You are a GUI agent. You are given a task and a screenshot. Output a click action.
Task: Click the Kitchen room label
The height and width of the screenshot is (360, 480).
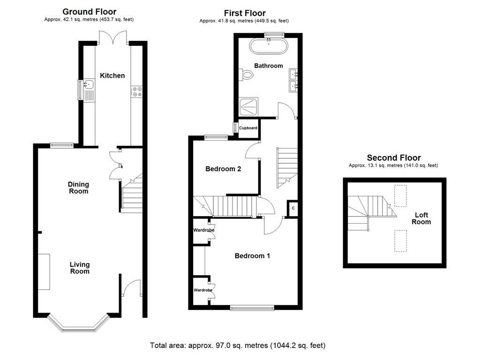[x=112, y=75]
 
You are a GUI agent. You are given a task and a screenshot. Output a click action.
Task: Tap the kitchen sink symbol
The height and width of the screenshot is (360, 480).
[x=88, y=85]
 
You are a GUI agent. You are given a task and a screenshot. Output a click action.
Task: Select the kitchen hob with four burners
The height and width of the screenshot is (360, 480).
[x=137, y=91]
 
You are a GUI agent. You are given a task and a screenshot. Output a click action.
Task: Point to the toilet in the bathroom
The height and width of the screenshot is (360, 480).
[x=246, y=75]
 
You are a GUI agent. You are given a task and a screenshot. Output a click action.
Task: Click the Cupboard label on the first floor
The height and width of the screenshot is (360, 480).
[x=248, y=128]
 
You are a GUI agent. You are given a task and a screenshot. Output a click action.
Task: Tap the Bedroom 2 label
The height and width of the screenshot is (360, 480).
[x=223, y=169]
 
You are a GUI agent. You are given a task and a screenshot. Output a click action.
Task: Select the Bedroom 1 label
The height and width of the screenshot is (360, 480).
[x=252, y=256]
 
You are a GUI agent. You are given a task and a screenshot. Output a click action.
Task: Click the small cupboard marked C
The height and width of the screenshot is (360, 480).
[x=293, y=208]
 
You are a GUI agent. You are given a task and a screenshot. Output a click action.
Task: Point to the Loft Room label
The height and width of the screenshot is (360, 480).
[x=421, y=218]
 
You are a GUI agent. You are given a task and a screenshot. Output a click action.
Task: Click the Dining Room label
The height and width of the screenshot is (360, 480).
[x=78, y=188]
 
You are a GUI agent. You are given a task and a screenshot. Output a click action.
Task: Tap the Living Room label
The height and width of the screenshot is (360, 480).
[x=80, y=268]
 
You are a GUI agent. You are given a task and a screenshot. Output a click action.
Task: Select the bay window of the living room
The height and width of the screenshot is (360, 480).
[x=78, y=324]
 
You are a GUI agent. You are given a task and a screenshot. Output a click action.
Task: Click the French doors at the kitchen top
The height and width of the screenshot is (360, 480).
[x=112, y=37]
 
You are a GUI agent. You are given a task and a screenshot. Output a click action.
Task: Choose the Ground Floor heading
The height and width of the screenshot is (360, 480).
[x=89, y=12]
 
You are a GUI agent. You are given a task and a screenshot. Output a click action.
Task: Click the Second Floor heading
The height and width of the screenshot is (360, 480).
[x=394, y=158]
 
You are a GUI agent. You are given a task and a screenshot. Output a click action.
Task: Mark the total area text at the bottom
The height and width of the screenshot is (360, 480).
[x=237, y=345]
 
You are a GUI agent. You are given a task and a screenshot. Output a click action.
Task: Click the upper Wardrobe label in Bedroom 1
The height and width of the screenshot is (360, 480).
[x=204, y=230]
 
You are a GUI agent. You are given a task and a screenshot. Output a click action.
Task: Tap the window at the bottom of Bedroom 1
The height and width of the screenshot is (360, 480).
[x=252, y=307]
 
